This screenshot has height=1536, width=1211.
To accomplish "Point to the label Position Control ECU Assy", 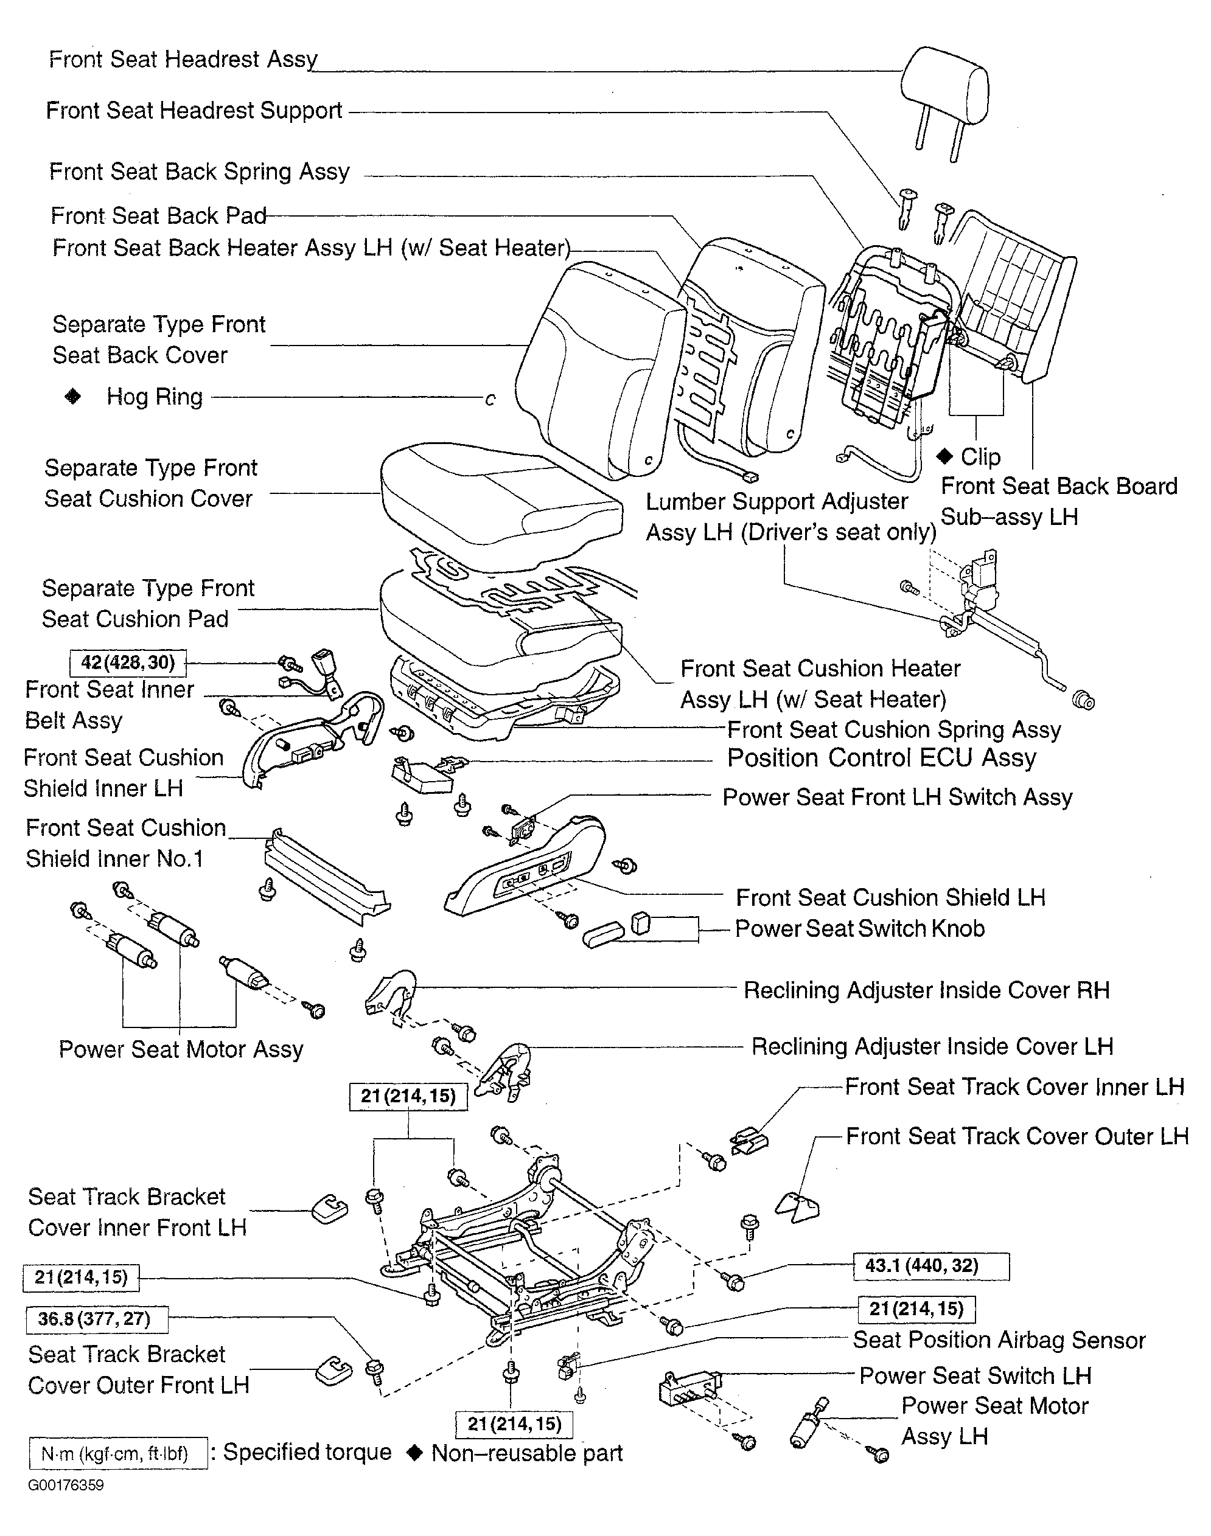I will click(x=881, y=758).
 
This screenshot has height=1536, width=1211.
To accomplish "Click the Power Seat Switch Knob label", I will click(x=859, y=928).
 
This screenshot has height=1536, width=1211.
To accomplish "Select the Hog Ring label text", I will click(x=155, y=397).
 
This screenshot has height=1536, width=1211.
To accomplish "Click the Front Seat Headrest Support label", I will click(x=194, y=111).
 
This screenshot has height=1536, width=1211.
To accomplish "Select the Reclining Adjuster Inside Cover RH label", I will click(x=926, y=990).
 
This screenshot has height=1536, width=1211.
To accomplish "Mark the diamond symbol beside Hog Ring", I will click(x=73, y=396).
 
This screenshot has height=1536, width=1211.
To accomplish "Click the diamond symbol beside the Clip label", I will click(x=944, y=456).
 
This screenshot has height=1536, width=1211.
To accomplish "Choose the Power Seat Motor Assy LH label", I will click(x=994, y=1421).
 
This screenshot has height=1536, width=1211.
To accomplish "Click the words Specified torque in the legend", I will click(x=307, y=1453).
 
